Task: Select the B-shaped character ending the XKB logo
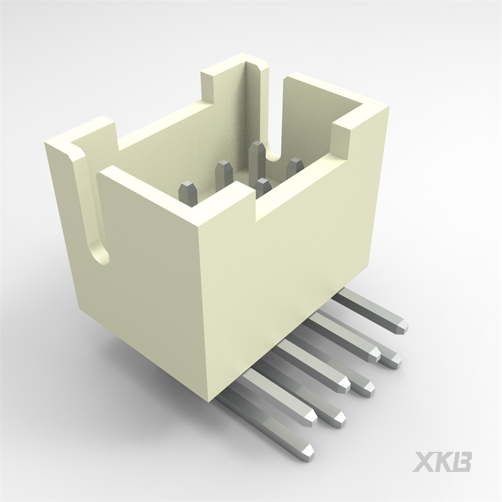(463, 463)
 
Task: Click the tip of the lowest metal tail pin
(308, 450)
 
